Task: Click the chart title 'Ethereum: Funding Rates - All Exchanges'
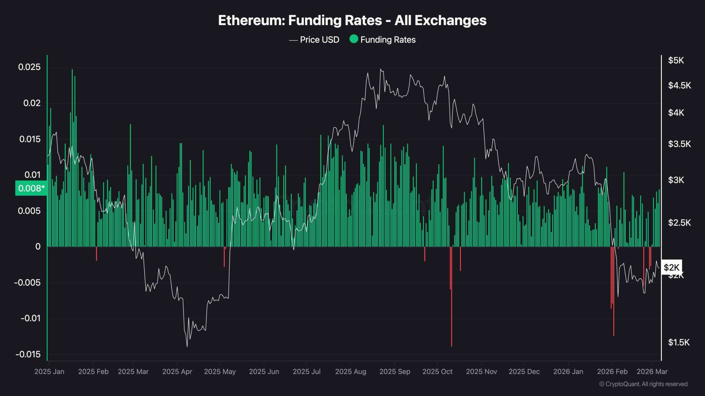[x=352, y=20]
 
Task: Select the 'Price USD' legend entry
[x=319, y=40]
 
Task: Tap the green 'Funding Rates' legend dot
[x=354, y=39]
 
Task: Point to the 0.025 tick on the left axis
[x=29, y=67]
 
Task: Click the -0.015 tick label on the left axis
[x=28, y=354]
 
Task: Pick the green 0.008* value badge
[x=31, y=188]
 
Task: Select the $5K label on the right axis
[x=676, y=61]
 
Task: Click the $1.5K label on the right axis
[x=679, y=342]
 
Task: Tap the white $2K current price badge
[x=671, y=267]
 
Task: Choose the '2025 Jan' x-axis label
[x=49, y=372]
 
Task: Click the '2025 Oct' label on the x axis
[x=437, y=372]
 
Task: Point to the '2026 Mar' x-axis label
[x=652, y=372]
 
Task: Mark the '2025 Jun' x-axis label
[x=264, y=372]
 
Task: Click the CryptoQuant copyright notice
[x=643, y=384]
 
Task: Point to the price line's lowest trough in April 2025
[x=187, y=346]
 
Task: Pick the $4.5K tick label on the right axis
[x=679, y=86]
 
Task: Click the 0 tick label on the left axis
[x=38, y=247]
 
